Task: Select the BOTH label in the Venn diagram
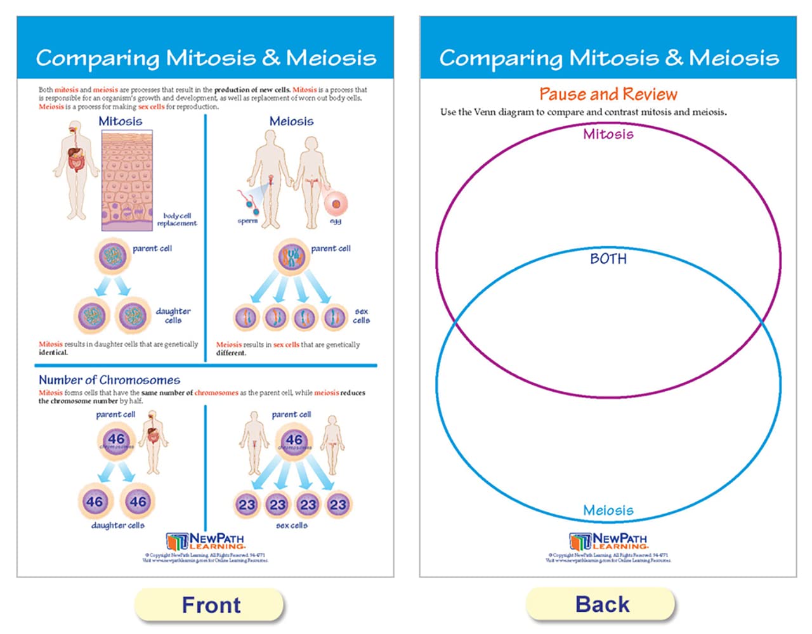click(608, 259)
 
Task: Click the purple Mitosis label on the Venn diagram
click(608, 134)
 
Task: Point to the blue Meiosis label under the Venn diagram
click(608, 510)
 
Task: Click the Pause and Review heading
click(608, 94)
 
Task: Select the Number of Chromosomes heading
click(109, 380)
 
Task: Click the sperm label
click(247, 221)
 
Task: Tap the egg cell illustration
click(336, 204)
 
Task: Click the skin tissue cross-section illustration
click(127, 181)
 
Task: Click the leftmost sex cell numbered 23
click(246, 505)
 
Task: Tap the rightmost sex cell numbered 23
click(338, 505)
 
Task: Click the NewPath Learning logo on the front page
click(205, 541)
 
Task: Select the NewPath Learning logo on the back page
click(608, 541)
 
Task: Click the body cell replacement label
click(177, 219)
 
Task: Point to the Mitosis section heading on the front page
click(120, 121)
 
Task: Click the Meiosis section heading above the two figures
click(291, 121)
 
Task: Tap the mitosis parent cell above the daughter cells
click(113, 256)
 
